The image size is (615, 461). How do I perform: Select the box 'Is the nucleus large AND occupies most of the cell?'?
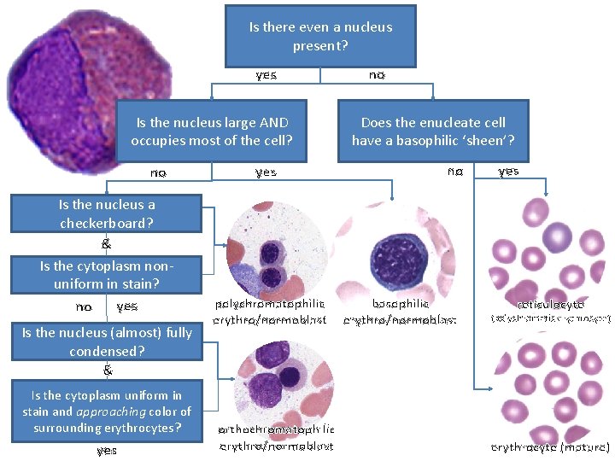(212, 131)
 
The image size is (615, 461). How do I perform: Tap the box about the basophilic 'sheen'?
(433, 131)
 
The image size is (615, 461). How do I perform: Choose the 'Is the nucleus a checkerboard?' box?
(106, 213)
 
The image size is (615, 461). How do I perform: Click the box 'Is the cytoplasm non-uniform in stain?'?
(106, 274)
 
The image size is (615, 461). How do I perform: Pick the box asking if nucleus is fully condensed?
(106, 341)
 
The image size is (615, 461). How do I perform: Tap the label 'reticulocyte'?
(550, 304)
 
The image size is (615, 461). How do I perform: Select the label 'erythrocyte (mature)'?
(550, 447)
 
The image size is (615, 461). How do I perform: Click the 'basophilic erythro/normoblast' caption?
(401, 312)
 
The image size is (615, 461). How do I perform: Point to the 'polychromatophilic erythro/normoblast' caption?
(271, 312)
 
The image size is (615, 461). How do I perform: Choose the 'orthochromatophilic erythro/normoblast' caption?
(276, 438)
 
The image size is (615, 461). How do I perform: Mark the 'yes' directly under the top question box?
(266, 75)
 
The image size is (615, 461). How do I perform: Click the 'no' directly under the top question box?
(377, 75)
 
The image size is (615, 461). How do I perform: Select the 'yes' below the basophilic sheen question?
(508, 172)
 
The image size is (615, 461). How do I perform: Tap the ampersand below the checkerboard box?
(106, 243)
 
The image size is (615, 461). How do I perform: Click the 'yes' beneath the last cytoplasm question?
(106, 450)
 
